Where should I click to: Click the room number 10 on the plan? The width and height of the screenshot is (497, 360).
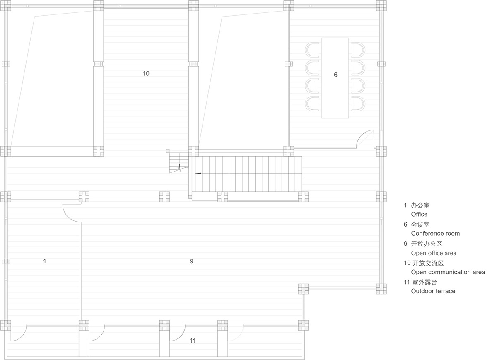tap(146, 73)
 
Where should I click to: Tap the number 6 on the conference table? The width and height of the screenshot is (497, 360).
tap(335, 75)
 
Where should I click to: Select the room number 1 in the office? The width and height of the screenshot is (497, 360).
tap(45, 261)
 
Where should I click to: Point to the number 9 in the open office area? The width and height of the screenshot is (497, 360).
tap(191, 261)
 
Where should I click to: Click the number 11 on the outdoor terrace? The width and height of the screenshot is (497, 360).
tap(193, 341)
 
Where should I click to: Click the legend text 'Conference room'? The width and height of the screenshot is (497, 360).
tap(435, 234)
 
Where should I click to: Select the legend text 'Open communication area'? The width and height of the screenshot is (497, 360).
tap(448, 272)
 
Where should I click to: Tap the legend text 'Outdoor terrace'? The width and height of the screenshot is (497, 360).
tap(433, 291)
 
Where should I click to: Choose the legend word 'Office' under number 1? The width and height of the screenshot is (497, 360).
tap(419, 214)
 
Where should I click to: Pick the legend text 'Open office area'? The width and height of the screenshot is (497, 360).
tap(434, 253)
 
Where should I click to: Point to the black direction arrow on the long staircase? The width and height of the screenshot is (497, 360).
tap(198, 173)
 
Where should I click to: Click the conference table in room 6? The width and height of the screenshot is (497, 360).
tap(335, 78)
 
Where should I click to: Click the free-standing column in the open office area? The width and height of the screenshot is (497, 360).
tap(164, 197)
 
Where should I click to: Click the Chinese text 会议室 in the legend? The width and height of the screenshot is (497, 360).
tap(420, 225)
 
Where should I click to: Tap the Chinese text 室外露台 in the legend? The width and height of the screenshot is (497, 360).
tap(425, 282)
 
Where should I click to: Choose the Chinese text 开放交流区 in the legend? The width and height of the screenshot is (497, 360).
tap(428, 263)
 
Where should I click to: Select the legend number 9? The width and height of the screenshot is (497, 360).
tap(405, 244)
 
